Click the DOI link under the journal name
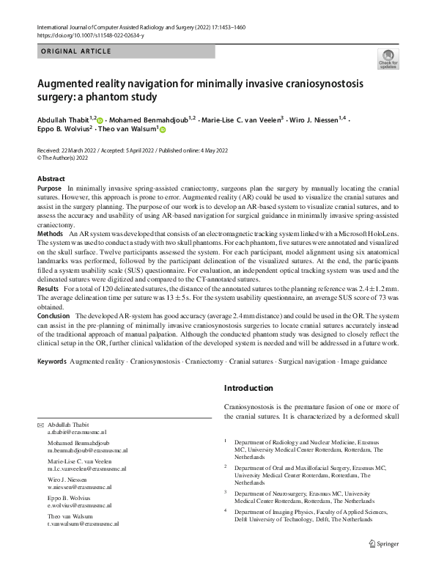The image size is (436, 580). [92, 35]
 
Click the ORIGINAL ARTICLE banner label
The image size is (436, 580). [75, 51]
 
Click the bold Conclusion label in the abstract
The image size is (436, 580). [54, 315]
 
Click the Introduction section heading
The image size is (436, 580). [248, 388]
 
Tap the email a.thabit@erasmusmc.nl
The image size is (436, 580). [77, 434]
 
